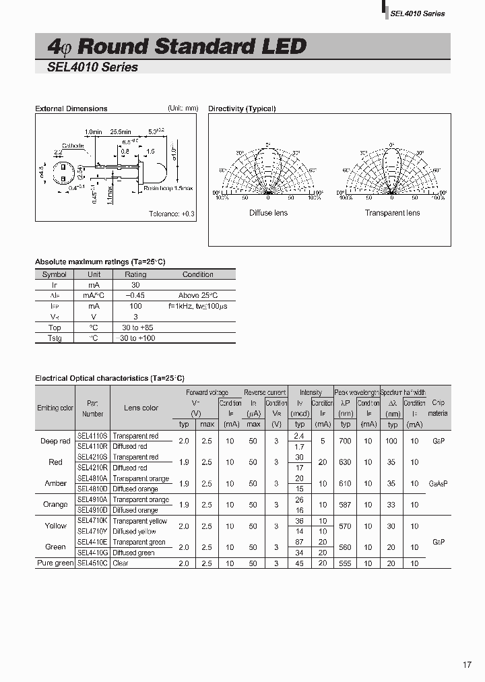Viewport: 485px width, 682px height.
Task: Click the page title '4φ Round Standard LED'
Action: click(176, 46)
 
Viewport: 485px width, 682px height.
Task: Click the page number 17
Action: click(467, 665)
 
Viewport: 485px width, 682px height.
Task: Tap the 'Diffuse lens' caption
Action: click(268, 213)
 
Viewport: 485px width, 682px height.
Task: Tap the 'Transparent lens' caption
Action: click(392, 213)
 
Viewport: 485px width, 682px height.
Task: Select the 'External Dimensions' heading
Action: click(71, 108)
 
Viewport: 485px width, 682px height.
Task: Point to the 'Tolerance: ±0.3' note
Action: click(171, 214)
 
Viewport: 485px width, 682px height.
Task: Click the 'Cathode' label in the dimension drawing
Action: click(73, 146)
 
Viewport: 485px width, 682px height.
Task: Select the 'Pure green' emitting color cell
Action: click(55, 563)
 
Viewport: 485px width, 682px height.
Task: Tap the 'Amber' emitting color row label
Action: click(55, 483)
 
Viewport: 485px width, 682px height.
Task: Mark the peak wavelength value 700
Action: click(346, 441)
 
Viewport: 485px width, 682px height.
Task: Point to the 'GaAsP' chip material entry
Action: click(439, 483)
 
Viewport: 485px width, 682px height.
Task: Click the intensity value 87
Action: click(300, 542)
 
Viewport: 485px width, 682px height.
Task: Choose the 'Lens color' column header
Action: click(141, 408)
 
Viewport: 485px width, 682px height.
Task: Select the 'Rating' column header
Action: click(135, 274)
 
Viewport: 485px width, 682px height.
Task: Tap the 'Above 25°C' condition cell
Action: click(198, 295)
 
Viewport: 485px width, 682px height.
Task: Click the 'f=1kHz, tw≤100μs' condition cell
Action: click(198, 306)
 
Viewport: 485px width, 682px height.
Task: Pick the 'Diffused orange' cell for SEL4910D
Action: click(135, 510)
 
